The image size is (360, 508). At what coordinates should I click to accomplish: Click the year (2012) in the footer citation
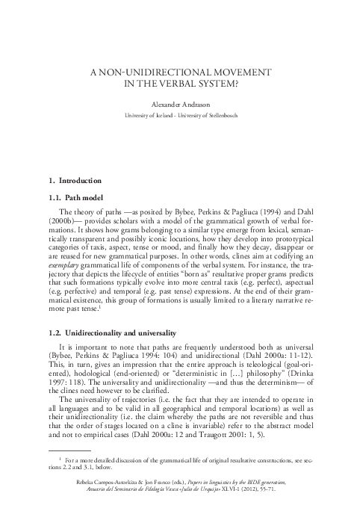(x=264, y=498)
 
